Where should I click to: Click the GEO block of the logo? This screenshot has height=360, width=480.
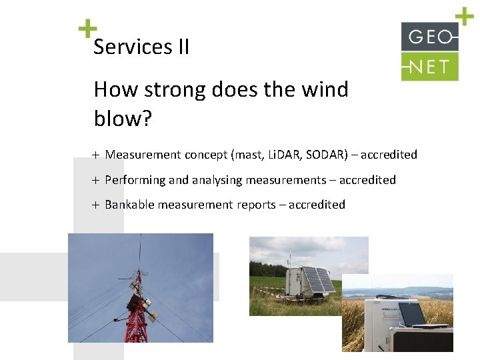pos(429,37)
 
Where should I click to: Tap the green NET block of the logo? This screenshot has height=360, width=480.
pos(429,67)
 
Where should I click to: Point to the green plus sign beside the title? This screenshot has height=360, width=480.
pos(87,29)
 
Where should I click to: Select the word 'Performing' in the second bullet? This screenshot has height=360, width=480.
pos(135,180)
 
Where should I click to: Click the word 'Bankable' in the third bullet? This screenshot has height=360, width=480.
pos(129,205)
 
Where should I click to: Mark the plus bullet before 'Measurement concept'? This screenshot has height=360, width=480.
pos(95,155)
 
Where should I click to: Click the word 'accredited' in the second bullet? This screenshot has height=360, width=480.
pos(367,180)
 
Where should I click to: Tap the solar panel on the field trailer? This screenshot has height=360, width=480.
pos(319,281)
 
